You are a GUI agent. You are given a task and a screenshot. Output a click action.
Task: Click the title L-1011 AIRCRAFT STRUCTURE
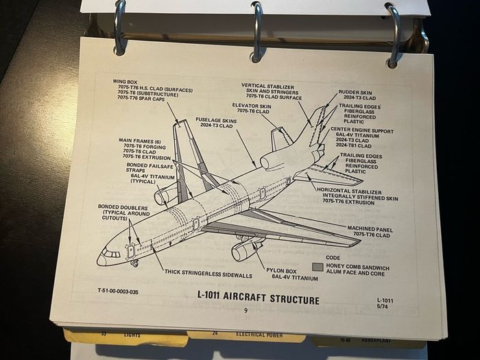pyautogui.click(x=259, y=298)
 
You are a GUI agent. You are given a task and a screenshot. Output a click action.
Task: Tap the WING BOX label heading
pyautogui.click(x=125, y=82)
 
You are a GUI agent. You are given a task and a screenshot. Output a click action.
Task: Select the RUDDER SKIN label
pyautogui.click(x=355, y=93)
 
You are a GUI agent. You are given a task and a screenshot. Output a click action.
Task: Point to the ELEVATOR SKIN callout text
pyautogui.click(x=252, y=106)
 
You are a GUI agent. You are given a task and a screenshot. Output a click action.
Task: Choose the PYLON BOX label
pyautogui.click(x=281, y=271)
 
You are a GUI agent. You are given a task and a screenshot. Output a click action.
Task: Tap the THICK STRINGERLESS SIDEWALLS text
pyautogui.click(x=208, y=274)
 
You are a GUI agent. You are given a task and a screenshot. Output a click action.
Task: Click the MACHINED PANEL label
pyautogui.click(x=370, y=229)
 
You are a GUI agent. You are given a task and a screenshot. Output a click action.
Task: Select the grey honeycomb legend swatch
pyautogui.click(x=317, y=267)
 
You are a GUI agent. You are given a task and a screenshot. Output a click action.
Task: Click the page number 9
pyautogui.click(x=245, y=311)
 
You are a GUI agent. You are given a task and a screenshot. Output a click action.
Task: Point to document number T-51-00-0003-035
pyautogui.click(x=118, y=291)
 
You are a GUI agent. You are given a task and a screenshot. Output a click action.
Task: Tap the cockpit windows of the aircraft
pyautogui.click(x=111, y=254)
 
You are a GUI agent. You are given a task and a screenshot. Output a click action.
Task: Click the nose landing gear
pyautogui.click(x=134, y=263)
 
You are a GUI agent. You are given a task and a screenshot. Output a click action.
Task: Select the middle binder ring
pyautogui.click(x=257, y=32)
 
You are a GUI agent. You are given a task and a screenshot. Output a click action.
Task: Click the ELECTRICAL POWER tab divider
pyautogui.click(x=246, y=335)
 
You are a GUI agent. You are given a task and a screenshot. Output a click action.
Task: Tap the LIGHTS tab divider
pyautogui.click(x=126, y=337)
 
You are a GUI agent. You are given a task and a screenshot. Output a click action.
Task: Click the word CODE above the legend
pyautogui.click(x=333, y=258)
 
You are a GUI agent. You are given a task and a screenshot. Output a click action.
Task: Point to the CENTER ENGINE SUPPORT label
pyautogui.click(x=362, y=131)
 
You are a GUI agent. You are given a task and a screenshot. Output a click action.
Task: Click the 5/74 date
pyautogui.click(x=383, y=306)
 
